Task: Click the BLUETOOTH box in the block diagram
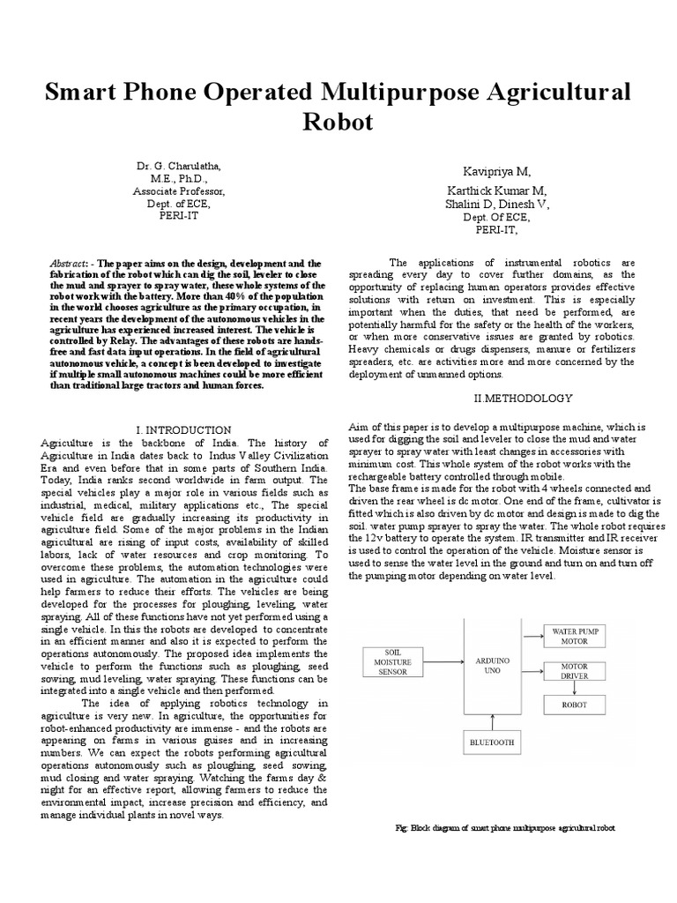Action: (493, 743)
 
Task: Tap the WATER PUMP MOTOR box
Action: (575, 637)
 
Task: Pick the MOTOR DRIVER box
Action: (575, 670)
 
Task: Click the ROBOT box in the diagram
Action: (575, 705)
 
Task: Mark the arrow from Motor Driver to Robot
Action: (575, 688)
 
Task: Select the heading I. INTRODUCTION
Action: (183, 429)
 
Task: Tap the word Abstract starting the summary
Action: (67, 264)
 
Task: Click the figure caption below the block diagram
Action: (505, 829)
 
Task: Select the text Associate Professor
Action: (179, 190)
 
